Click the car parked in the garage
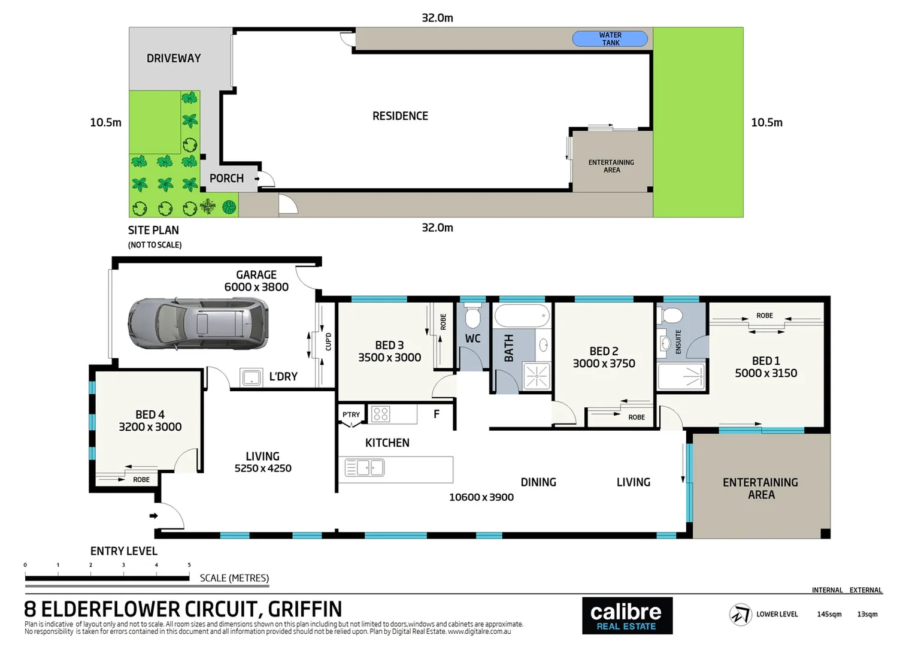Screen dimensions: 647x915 click(198, 323)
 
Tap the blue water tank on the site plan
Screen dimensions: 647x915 click(610, 39)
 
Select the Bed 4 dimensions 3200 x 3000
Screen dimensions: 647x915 click(150, 427)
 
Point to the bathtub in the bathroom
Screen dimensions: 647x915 click(521, 316)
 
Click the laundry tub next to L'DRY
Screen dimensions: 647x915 click(251, 377)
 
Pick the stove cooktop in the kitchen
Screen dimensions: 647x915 click(380, 413)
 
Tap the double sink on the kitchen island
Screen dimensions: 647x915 click(364, 467)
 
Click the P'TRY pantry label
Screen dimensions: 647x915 click(351, 415)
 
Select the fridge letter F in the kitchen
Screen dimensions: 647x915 click(437, 414)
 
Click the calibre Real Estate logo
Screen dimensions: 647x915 click(626, 616)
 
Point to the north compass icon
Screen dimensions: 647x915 click(740, 615)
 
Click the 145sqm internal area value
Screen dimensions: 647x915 click(829, 614)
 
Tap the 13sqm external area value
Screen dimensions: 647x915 click(867, 614)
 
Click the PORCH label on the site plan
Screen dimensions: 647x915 click(226, 179)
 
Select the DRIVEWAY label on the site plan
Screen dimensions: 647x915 click(174, 59)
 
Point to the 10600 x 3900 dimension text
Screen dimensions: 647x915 click(481, 497)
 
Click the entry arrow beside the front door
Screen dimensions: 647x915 click(153, 516)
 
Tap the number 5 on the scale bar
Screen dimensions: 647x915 click(189, 565)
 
